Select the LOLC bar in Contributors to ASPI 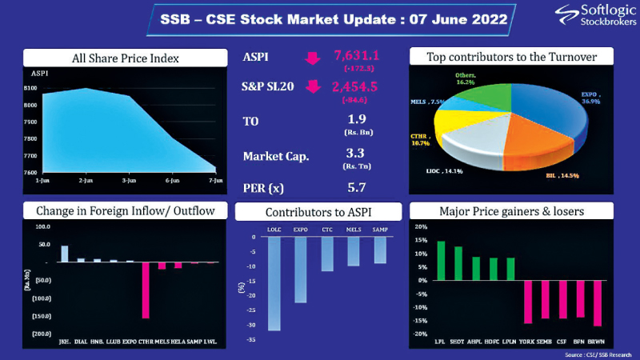(274, 284)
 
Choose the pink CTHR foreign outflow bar (146, 290)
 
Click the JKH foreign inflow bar (65, 254)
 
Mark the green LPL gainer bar (440, 261)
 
